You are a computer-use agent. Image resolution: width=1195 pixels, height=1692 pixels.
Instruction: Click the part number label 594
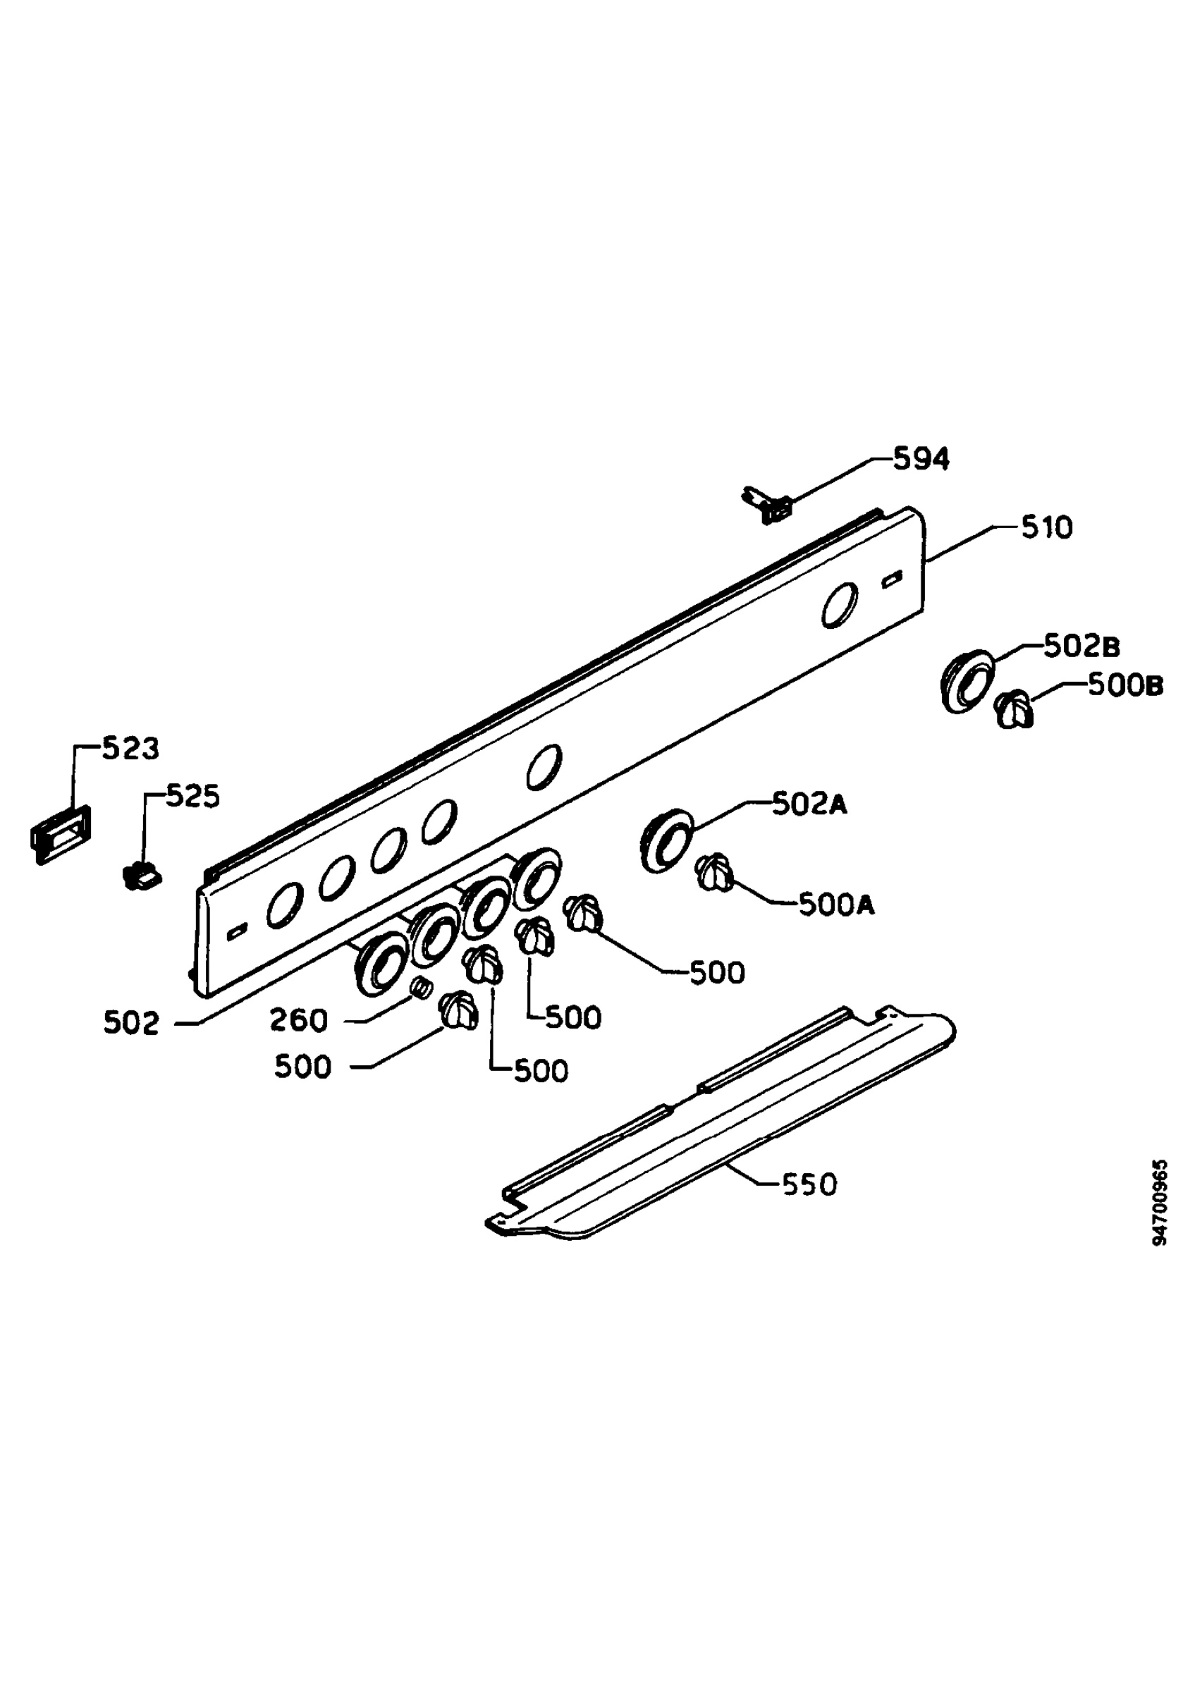[921, 460]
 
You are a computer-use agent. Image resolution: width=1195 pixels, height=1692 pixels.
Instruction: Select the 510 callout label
[1047, 527]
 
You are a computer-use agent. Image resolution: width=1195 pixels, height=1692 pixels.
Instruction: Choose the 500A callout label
[837, 905]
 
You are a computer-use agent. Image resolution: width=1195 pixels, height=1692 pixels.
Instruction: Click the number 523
[130, 749]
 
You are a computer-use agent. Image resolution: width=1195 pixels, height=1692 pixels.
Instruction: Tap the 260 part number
[298, 1021]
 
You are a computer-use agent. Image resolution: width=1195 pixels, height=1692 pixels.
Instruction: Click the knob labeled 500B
[1015, 709]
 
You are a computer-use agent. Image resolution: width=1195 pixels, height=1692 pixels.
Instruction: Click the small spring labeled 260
[421, 986]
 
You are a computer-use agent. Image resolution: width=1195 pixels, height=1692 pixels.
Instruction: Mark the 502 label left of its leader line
[131, 1024]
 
